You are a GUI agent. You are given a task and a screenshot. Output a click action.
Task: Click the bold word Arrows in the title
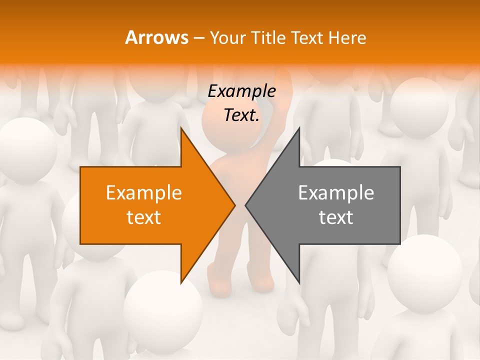pos(156,37)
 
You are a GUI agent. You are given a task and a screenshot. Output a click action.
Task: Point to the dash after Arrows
pos(198,38)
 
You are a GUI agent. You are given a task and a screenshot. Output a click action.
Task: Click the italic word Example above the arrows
pos(241,91)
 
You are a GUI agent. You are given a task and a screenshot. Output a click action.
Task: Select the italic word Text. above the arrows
pos(241,115)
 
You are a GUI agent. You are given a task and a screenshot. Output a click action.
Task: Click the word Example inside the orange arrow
pos(144,192)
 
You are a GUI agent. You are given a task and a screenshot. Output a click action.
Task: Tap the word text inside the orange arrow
pos(144,217)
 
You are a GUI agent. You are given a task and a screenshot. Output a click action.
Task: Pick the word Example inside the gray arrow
pos(336,192)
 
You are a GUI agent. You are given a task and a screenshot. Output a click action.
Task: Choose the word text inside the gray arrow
pos(336,217)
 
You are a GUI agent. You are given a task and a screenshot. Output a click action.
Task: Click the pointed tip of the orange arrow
pos(235,205)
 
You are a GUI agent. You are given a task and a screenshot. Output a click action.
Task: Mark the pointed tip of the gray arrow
pos(245,205)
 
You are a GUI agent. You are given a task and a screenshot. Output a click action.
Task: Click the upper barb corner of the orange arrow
pos(181,128)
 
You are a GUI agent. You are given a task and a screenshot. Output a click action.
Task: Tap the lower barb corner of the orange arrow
pos(181,283)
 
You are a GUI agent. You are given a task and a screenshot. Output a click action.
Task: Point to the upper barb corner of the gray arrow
pos(299,128)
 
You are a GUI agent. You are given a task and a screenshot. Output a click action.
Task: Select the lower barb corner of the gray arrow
pos(299,283)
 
